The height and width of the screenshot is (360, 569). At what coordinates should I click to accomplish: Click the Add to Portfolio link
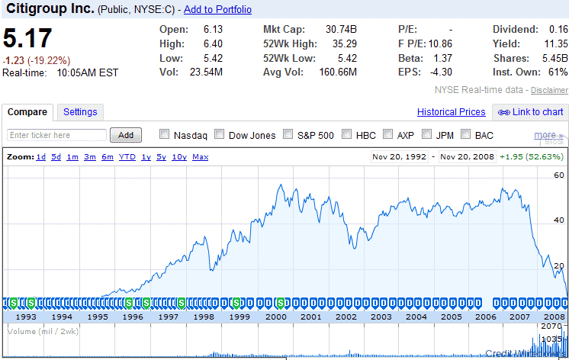[x=217, y=10]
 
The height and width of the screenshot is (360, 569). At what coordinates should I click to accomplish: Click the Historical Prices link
[x=451, y=112]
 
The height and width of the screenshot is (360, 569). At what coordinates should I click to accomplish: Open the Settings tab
[x=80, y=112]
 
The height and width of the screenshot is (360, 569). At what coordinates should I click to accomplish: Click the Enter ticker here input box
[x=57, y=135]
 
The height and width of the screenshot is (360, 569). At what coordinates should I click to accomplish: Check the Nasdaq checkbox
[x=164, y=135]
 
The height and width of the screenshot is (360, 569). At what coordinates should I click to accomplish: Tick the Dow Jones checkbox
[x=219, y=135]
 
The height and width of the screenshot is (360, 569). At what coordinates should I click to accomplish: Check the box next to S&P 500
[x=288, y=135]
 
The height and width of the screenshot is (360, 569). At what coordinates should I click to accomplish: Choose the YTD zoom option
[x=127, y=157]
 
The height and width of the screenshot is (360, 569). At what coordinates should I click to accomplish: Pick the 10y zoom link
[x=179, y=157]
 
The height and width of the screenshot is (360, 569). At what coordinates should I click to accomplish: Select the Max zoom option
[x=201, y=157]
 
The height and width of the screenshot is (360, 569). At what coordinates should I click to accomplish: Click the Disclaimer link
[x=549, y=90]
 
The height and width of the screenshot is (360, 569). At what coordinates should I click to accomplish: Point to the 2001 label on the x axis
[x=310, y=317]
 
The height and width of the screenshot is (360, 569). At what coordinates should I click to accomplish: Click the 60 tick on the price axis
[x=559, y=176]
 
